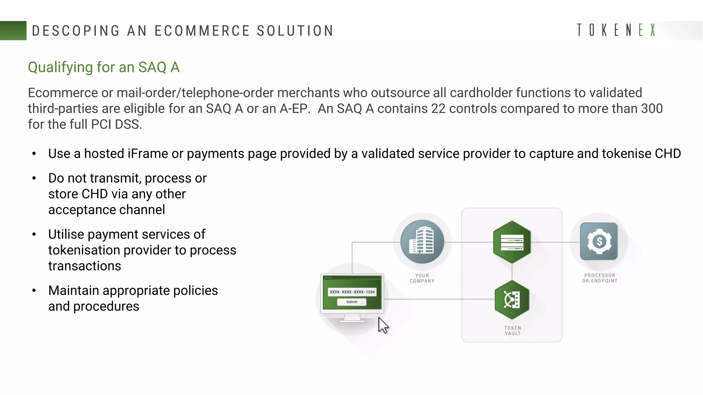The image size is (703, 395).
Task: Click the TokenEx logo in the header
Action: [616, 30]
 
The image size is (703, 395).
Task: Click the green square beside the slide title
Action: [13, 31]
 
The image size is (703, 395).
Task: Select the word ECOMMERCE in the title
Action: [202, 31]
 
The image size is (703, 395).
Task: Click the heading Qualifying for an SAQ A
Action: [104, 67]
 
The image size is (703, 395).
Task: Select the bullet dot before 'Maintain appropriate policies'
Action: [34, 291]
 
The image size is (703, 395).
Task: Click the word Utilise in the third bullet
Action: [66, 235]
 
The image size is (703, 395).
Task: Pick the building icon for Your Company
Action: [422, 242]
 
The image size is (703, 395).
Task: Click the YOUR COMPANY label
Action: [422, 278]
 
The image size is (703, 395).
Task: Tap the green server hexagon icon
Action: [512, 242]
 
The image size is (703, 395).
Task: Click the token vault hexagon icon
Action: [512, 300]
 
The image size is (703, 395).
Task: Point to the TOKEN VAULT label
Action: [512, 331]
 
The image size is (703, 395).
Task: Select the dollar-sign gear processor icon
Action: [599, 241]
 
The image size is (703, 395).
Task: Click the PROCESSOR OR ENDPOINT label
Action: [600, 278]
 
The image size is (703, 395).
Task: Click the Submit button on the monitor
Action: [351, 302]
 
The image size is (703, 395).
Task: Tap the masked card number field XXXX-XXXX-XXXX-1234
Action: [352, 292]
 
